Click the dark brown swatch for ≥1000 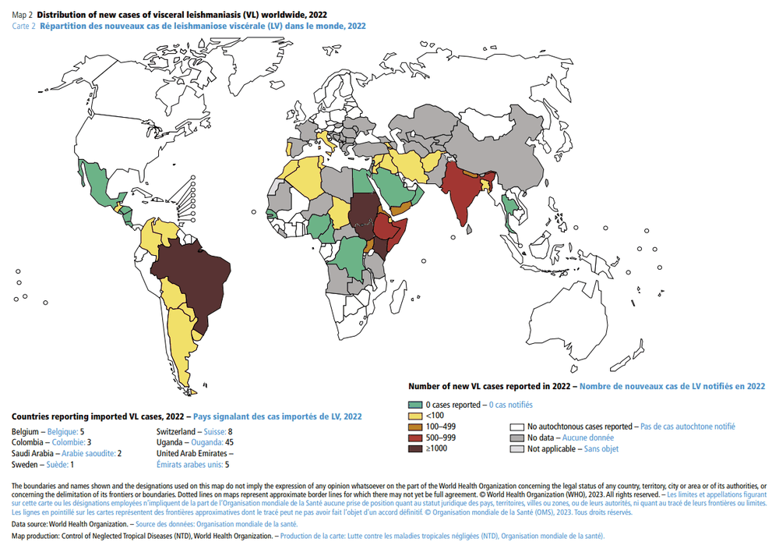[414, 448]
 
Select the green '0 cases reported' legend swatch [414, 405]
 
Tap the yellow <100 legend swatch [414, 416]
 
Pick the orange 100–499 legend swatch [414, 427]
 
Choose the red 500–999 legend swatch [414, 437]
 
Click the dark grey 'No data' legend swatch [516, 437]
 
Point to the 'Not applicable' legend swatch [516, 448]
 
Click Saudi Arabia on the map [390, 188]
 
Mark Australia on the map [573, 312]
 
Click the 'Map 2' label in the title [23, 15]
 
